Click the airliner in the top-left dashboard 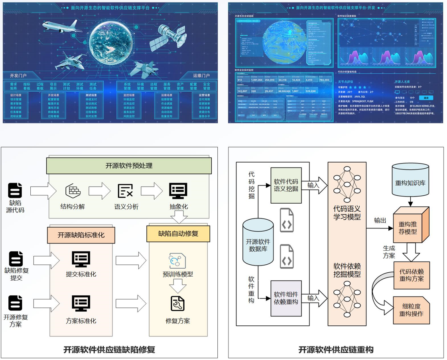pyautogui.click(x=60, y=27)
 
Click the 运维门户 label pyautogui.click(x=201, y=76)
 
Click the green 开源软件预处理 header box pyautogui.click(x=129, y=165)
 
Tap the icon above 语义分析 pyautogui.click(x=126, y=191)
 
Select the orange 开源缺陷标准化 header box pyautogui.click(x=81, y=235)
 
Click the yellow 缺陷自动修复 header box pyautogui.click(x=178, y=234)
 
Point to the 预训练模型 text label pyautogui.click(x=178, y=274)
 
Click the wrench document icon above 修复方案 pyautogui.click(x=178, y=304)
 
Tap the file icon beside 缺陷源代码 pyautogui.click(x=16, y=191)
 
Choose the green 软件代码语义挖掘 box pyautogui.click(x=286, y=185)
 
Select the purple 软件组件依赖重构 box pyautogui.click(x=286, y=298)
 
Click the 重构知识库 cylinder pyautogui.click(x=410, y=181)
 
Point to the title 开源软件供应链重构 pyautogui.click(x=336, y=350)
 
